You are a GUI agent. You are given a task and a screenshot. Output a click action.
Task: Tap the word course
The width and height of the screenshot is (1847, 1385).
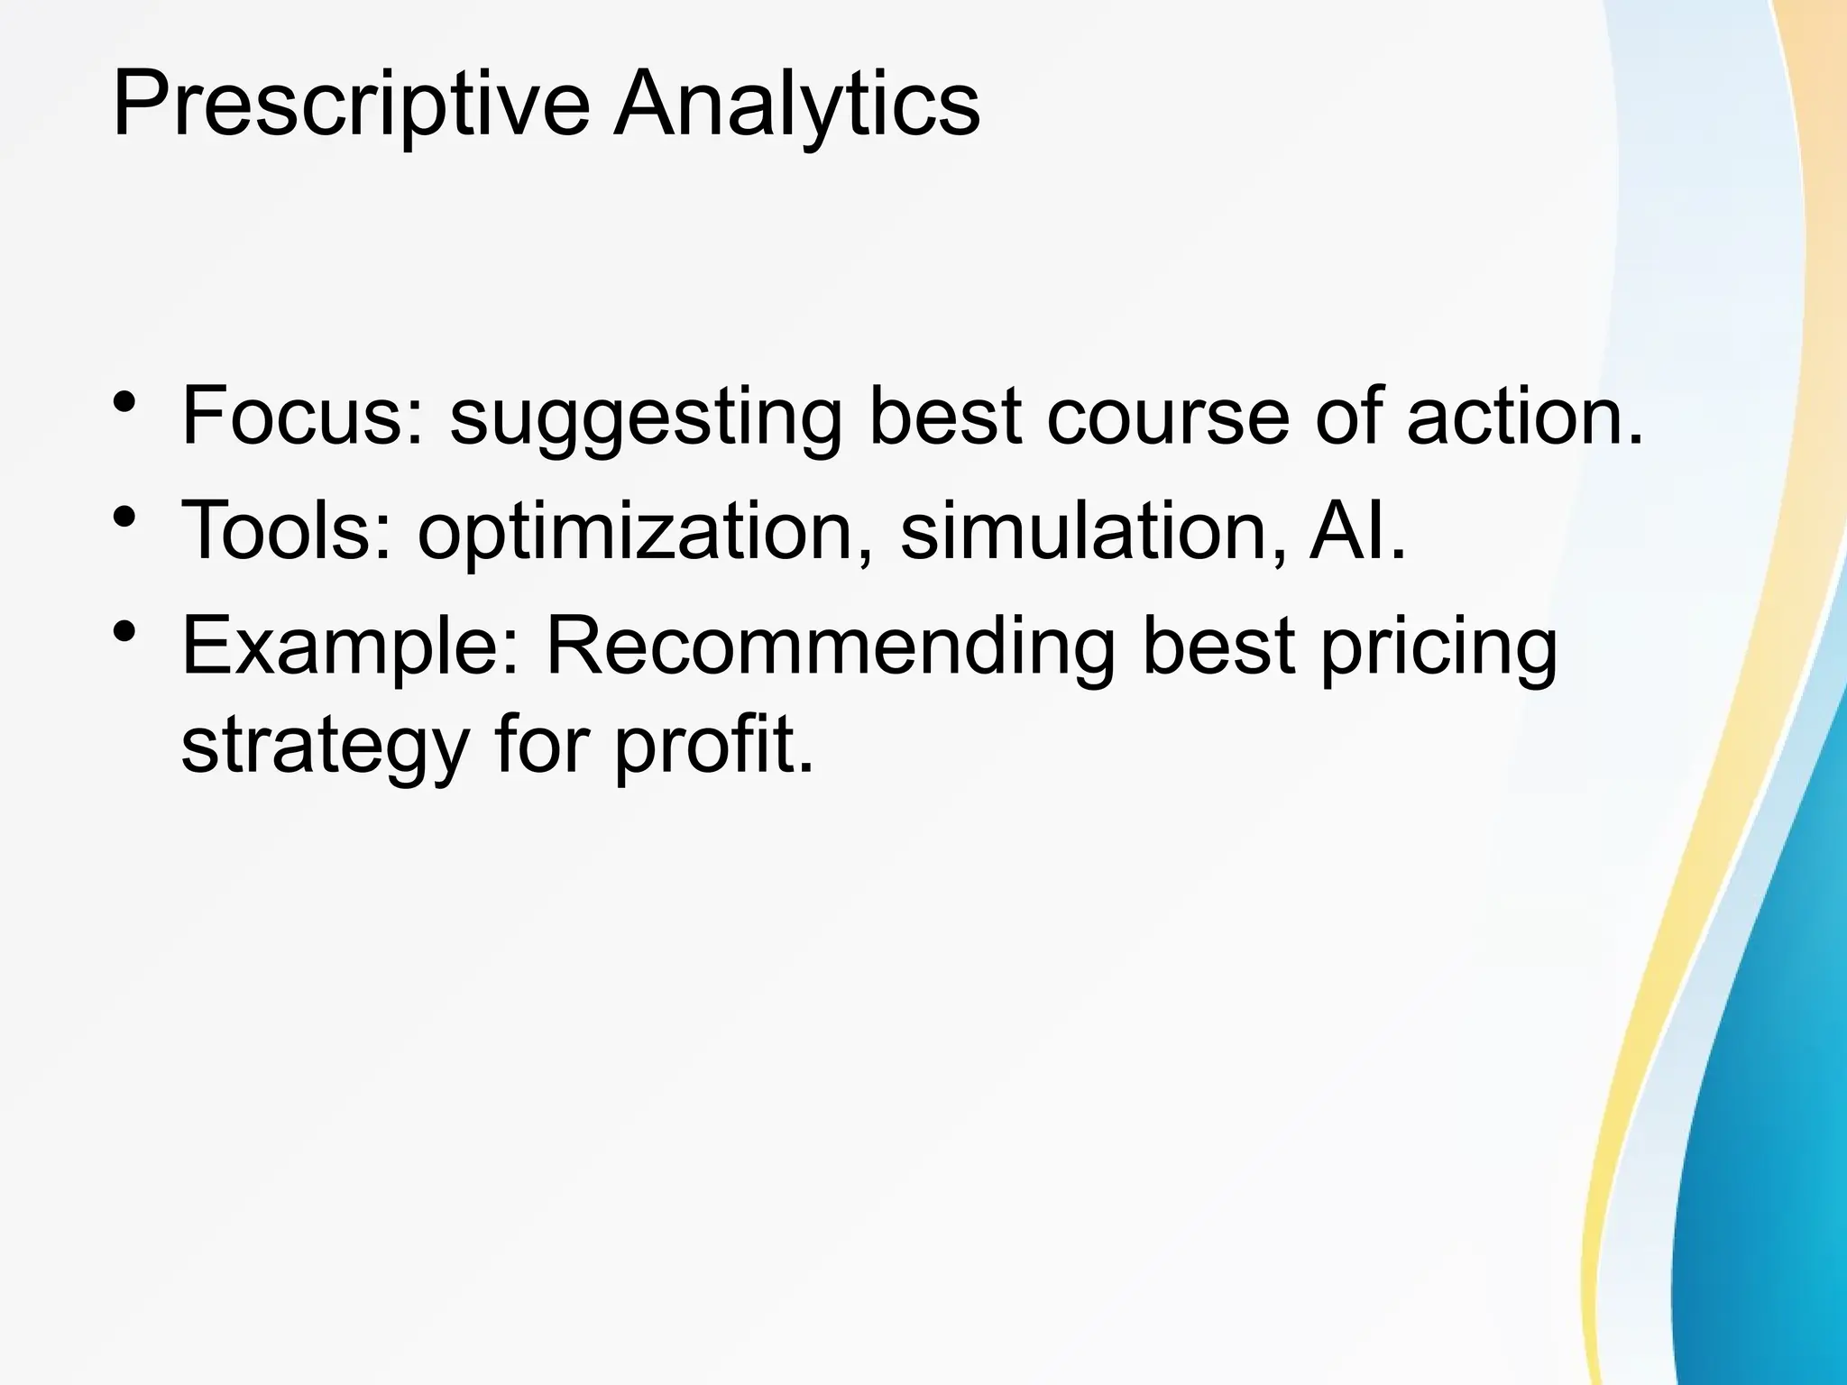[1168, 416]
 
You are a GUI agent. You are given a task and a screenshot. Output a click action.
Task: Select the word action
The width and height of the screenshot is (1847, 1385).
[1524, 416]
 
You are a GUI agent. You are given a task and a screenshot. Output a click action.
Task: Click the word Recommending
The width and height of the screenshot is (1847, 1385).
[831, 647]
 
